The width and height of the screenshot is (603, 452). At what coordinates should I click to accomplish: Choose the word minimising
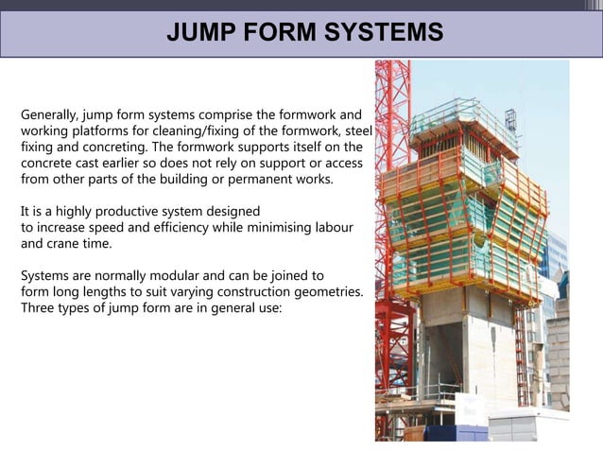click(x=280, y=228)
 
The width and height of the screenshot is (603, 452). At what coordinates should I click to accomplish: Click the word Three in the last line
click(x=38, y=308)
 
